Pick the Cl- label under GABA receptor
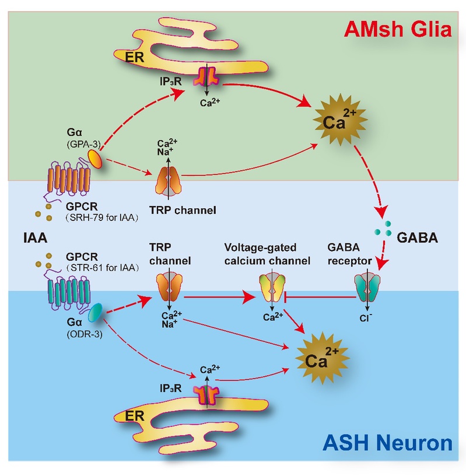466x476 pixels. point(367,320)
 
